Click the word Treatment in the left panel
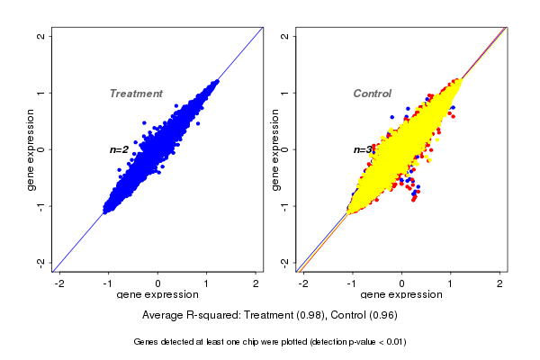coord(136,94)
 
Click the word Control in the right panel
coord(372,94)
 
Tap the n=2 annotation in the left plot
coord(120,149)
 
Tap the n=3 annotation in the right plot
coord(363,150)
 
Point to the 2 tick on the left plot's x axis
coord(256,284)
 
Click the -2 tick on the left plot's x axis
coord(59,284)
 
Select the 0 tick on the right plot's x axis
coord(402,284)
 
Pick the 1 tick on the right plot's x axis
coord(452,284)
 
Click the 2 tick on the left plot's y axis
coord(41,36)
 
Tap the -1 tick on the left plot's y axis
coord(41,205)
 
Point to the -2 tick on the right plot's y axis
coord(285,262)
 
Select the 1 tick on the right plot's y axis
coord(285,93)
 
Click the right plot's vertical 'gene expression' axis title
coord(274,149)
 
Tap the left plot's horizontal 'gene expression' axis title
coord(158,295)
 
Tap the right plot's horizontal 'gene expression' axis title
coord(402,295)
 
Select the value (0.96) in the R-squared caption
coord(382,315)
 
